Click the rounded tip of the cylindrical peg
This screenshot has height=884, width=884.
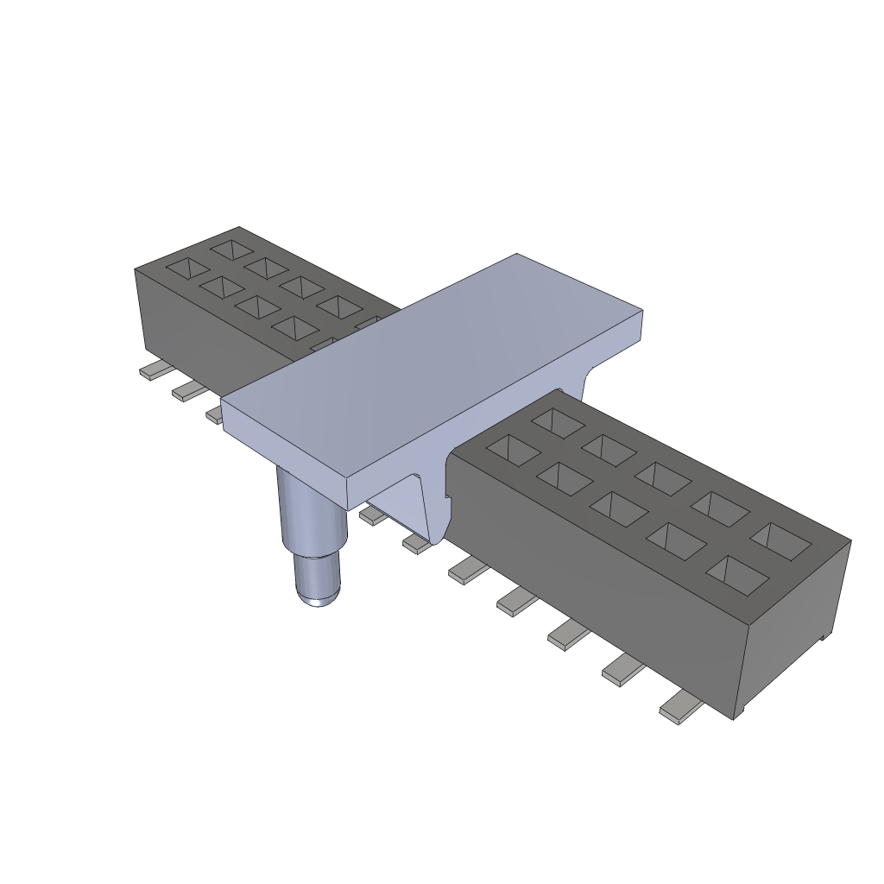point(318,595)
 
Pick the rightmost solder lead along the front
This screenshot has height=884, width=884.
point(680,710)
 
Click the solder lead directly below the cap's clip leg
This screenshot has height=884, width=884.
point(417,543)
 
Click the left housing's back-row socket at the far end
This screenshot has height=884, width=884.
point(231,250)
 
